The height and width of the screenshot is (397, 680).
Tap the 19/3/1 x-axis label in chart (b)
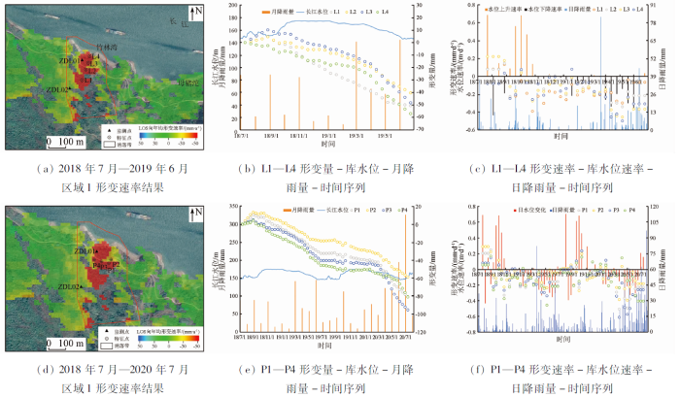pyautogui.click(x=357, y=137)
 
